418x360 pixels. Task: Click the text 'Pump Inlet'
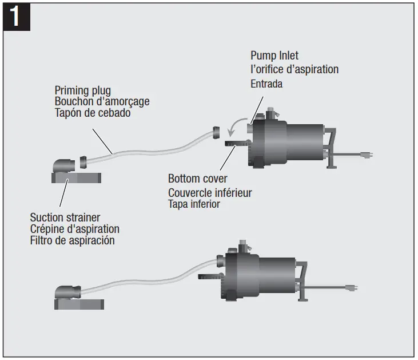click(x=274, y=56)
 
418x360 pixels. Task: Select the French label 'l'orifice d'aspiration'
click(x=294, y=69)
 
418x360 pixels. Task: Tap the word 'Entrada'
click(x=266, y=84)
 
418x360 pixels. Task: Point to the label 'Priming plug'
click(x=82, y=90)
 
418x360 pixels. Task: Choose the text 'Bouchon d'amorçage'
click(x=102, y=101)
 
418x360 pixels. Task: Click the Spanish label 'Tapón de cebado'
click(x=92, y=113)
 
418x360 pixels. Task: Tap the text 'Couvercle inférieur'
click(x=210, y=192)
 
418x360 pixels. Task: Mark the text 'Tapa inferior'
click(x=194, y=204)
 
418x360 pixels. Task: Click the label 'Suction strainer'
click(x=65, y=217)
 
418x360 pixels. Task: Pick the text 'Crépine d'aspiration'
click(x=74, y=228)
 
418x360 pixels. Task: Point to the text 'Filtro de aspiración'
click(x=72, y=240)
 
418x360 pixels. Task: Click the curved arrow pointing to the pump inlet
click(x=236, y=124)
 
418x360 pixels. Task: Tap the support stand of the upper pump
click(x=331, y=151)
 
